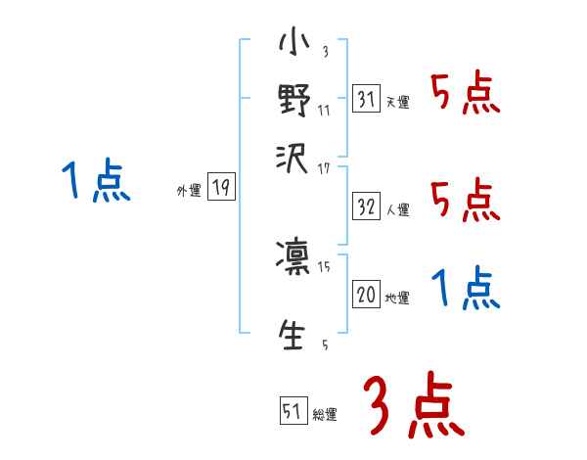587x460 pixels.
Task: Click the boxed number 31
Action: click(365, 99)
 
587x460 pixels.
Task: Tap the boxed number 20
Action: click(366, 294)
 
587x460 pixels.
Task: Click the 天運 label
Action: click(397, 102)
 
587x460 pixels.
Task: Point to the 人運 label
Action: click(398, 209)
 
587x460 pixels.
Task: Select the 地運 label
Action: click(397, 297)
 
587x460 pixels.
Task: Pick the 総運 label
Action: click(325, 414)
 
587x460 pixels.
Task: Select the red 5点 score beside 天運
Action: click(466, 95)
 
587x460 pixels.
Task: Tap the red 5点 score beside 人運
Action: click(466, 201)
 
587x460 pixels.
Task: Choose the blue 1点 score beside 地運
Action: click(466, 289)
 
